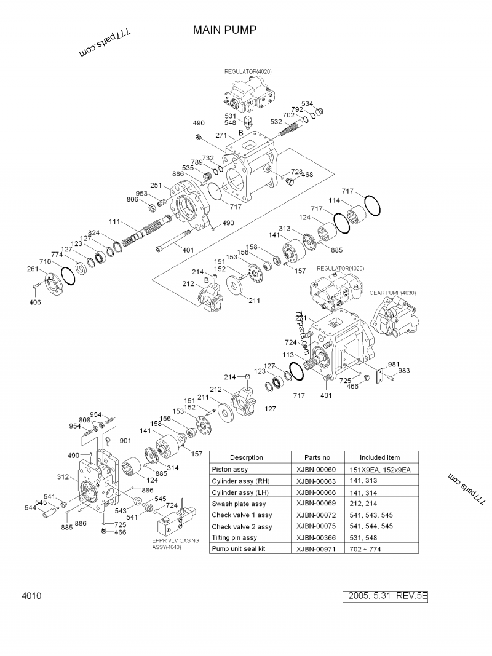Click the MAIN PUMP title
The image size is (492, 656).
(224, 30)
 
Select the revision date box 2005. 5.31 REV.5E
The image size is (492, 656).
(387, 596)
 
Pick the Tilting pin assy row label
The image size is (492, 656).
(234, 537)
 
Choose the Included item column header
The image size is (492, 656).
(379, 457)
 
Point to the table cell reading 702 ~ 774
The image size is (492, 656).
(367, 548)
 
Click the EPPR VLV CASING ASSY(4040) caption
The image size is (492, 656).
(170, 543)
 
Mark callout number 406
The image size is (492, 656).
(35, 302)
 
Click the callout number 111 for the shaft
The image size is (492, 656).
(114, 221)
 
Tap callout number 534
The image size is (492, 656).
(307, 103)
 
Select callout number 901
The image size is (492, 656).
(125, 441)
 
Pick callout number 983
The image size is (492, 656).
(403, 371)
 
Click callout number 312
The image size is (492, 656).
(63, 476)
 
